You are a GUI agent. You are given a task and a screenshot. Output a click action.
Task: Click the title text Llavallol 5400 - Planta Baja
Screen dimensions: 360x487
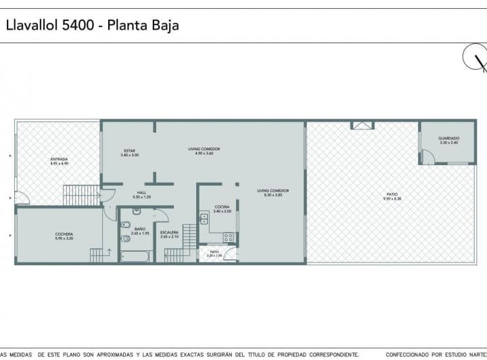[93, 26]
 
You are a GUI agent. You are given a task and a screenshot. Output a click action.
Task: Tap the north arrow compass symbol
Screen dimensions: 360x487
[475, 59]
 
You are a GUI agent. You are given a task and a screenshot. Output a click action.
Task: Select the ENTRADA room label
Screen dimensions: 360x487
[60, 161]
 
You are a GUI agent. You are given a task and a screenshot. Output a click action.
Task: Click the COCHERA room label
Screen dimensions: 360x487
[64, 236]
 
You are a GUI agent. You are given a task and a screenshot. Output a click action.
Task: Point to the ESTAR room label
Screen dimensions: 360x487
[129, 152]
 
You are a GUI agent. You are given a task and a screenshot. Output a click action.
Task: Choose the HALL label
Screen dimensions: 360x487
[141, 194]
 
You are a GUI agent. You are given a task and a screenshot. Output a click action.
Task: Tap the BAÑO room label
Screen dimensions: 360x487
[139, 231]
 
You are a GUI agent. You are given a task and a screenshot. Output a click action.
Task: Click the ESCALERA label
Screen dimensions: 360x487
[169, 234]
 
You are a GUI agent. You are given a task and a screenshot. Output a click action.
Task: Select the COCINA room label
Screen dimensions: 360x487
[222, 208]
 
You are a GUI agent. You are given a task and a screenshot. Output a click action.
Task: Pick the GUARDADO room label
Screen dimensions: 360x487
[448, 140]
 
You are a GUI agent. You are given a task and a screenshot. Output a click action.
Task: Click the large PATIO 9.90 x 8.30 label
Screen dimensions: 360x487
[392, 196]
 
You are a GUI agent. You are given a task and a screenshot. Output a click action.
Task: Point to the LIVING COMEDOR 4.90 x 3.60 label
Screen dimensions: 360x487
[204, 151]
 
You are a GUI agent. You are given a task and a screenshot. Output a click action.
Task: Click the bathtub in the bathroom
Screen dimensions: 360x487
[137, 257]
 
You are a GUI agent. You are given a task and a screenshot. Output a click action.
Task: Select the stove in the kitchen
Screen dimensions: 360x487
[229, 238]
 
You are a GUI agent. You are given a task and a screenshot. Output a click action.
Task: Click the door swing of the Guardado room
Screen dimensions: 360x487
[427, 158]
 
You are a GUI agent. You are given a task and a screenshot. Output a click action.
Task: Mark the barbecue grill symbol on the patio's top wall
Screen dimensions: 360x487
[362, 125]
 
